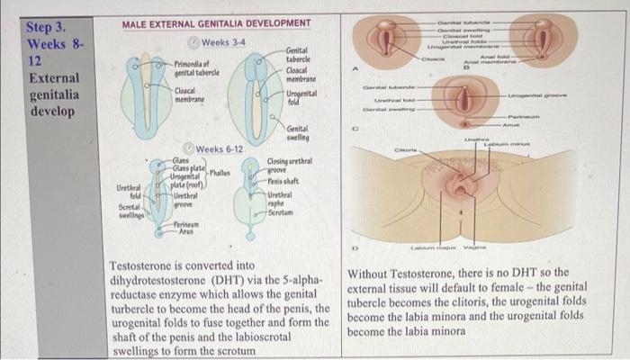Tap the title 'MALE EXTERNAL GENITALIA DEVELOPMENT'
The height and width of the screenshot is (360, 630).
[x=216, y=22]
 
